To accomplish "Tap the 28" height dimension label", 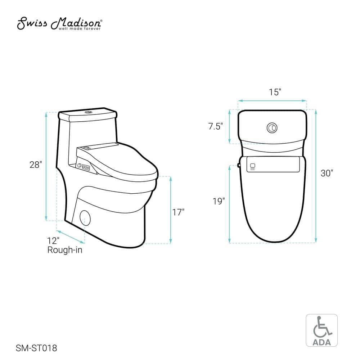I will click(36, 165).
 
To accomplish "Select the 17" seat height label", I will click(178, 212).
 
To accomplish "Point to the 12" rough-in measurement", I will click(53, 240).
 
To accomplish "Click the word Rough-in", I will click(65, 250).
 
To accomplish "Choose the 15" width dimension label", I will click(275, 92).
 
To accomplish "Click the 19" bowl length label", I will click(219, 201).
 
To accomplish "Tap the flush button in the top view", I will click(272, 127).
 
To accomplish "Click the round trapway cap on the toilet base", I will click(85, 217).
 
